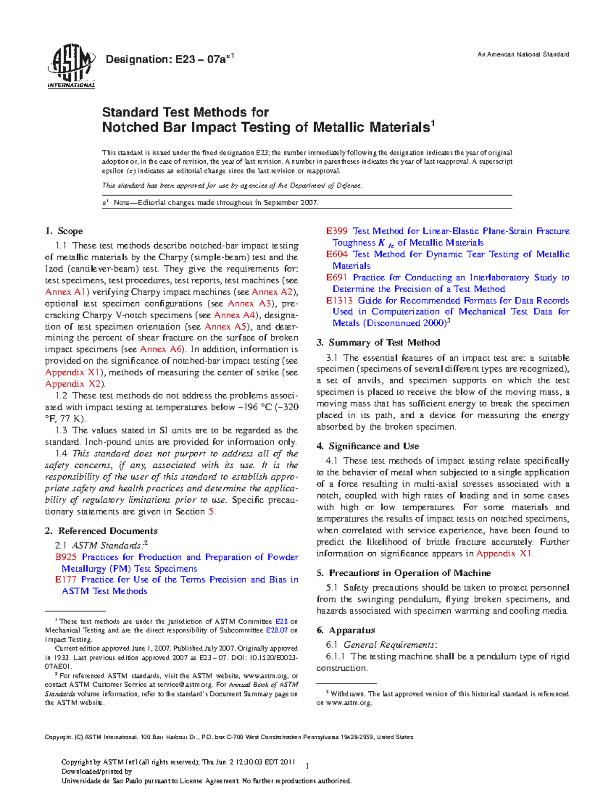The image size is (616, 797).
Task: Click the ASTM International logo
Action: pyautogui.click(x=71, y=67)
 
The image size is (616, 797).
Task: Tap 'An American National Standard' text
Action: pyautogui.click(x=523, y=54)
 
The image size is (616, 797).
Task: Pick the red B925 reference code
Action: pyautogui.click(x=66, y=557)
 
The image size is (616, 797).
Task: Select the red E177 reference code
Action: pyautogui.click(x=65, y=579)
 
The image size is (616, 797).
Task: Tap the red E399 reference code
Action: pyautogui.click(x=337, y=231)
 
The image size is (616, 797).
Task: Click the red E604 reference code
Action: pyautogui.click(x=337, y=254)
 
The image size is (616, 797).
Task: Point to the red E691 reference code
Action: pyautogui.click(x=337, y=277)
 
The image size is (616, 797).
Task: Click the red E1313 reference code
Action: pyautogui.click(x=339, y=300)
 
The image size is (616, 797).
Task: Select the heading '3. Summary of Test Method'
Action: pyautogui.click(x=378, y=342)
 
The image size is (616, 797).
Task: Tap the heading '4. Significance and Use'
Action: pyautogui.click(x=368, y=446)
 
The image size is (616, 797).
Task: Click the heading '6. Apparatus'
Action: pyautogui.click(x=345, y=630)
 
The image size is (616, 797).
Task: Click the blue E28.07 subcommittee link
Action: pyautogui.click(x=277, y=630)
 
